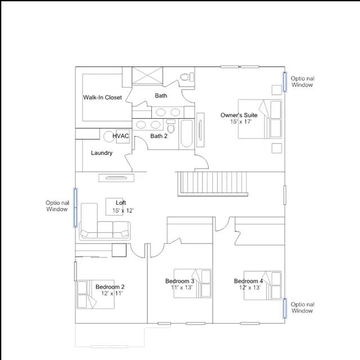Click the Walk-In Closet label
[x=102, y=97]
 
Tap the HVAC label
[x=121, y=136]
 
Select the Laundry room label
[x=102, y=153]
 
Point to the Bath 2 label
[x=159, y=136]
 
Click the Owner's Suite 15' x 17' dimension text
[x=241, y=121]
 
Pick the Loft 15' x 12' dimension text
[x=123, y=210]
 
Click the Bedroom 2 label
[x=110, y=287]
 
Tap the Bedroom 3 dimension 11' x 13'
[x=182, y=287]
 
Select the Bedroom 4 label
[x=249, y=281]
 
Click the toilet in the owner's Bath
[x=187, y=77]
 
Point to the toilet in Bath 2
[x=170, y=126]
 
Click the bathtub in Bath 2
[x=186, y=134]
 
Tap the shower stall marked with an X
[x=147, y=76]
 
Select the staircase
[x=213, y=184]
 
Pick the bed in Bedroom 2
[x=96, y=294]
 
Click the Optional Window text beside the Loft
[x=57, y=206]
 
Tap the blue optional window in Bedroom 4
[x=285, y=308]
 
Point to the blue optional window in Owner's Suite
[x=285, y=82]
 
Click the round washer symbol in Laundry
[x=109, y=137]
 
